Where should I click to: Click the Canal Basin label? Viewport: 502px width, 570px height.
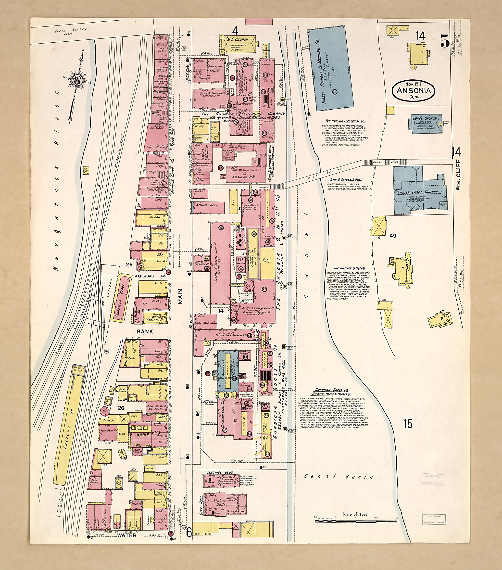pyautogui.click(x=339, y=477)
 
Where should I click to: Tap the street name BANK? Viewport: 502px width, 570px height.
pyautogui.click(x=145, y=331)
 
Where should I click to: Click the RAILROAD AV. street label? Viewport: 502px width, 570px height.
pyautogui.click(x=150, y=276)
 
